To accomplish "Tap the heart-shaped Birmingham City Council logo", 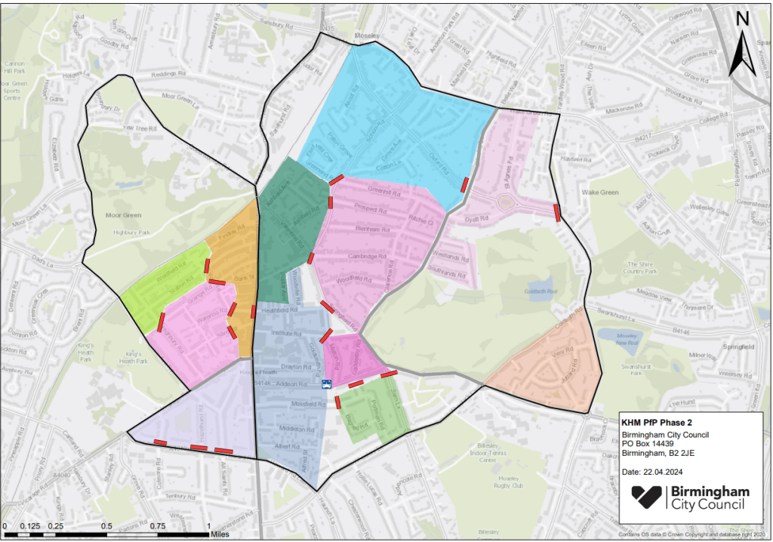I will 647,499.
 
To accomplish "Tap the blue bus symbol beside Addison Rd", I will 326,384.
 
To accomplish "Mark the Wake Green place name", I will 600,192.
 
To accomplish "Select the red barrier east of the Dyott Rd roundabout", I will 556,212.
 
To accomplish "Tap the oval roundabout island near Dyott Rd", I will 504,200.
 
